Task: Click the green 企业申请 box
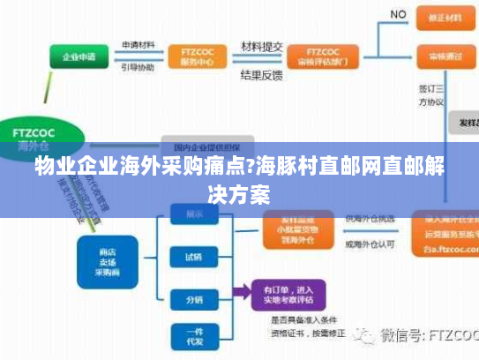(78, 57)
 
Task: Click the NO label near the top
(399, 14)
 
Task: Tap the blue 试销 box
(193, 258)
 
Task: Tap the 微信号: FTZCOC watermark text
(422, 335)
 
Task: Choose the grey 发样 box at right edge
(464, 123)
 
